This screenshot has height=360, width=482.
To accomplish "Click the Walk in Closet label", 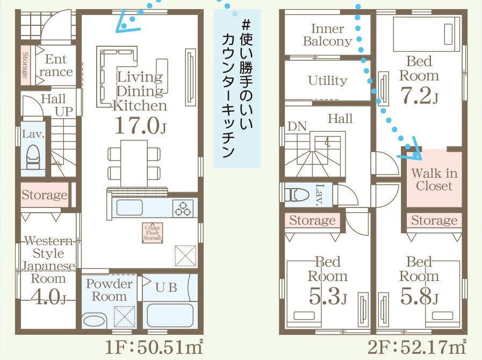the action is click(434, 179).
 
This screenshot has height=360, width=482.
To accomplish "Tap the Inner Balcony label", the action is click(327, 35).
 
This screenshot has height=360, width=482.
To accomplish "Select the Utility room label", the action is click(328, 81).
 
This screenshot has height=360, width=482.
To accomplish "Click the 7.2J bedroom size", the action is click(419, 96).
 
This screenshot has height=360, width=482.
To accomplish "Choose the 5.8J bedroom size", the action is click(419, 296).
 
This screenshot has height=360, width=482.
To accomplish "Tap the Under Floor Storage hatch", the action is click(153, 233).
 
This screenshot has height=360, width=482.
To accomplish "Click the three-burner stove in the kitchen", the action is click(183, 208).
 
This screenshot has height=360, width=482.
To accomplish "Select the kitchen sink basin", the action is click(129, 208).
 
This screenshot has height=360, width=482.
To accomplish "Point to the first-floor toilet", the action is click(33, 156).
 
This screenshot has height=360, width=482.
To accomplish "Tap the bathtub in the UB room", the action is click(170, 315).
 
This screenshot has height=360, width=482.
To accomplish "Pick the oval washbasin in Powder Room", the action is click(95, 321).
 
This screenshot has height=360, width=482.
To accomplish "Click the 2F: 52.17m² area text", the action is click(417, 348).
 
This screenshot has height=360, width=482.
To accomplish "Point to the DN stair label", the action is click(297, 126).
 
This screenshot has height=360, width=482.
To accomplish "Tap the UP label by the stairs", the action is click(64, 112).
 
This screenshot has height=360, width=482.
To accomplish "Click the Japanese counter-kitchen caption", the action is click(238, 89).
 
